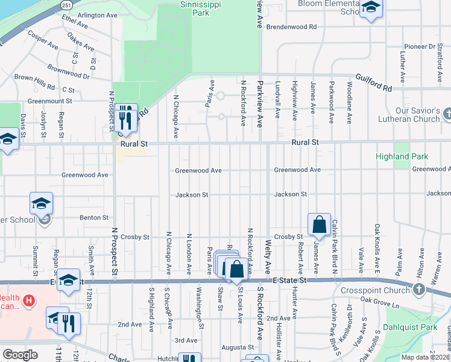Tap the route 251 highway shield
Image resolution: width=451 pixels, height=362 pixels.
pos(66,4)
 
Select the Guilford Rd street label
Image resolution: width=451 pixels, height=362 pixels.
pos(374,83)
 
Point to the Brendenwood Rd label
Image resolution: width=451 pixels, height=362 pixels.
pos(292,27)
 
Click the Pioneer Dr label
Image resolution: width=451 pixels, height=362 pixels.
pos(419,46)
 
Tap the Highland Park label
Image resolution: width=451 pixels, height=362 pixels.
pos(402,156)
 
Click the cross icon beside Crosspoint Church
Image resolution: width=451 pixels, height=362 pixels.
pos(419,290)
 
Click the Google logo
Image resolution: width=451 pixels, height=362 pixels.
pos(20,354)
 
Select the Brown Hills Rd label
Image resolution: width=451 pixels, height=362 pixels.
pos(34,78)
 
